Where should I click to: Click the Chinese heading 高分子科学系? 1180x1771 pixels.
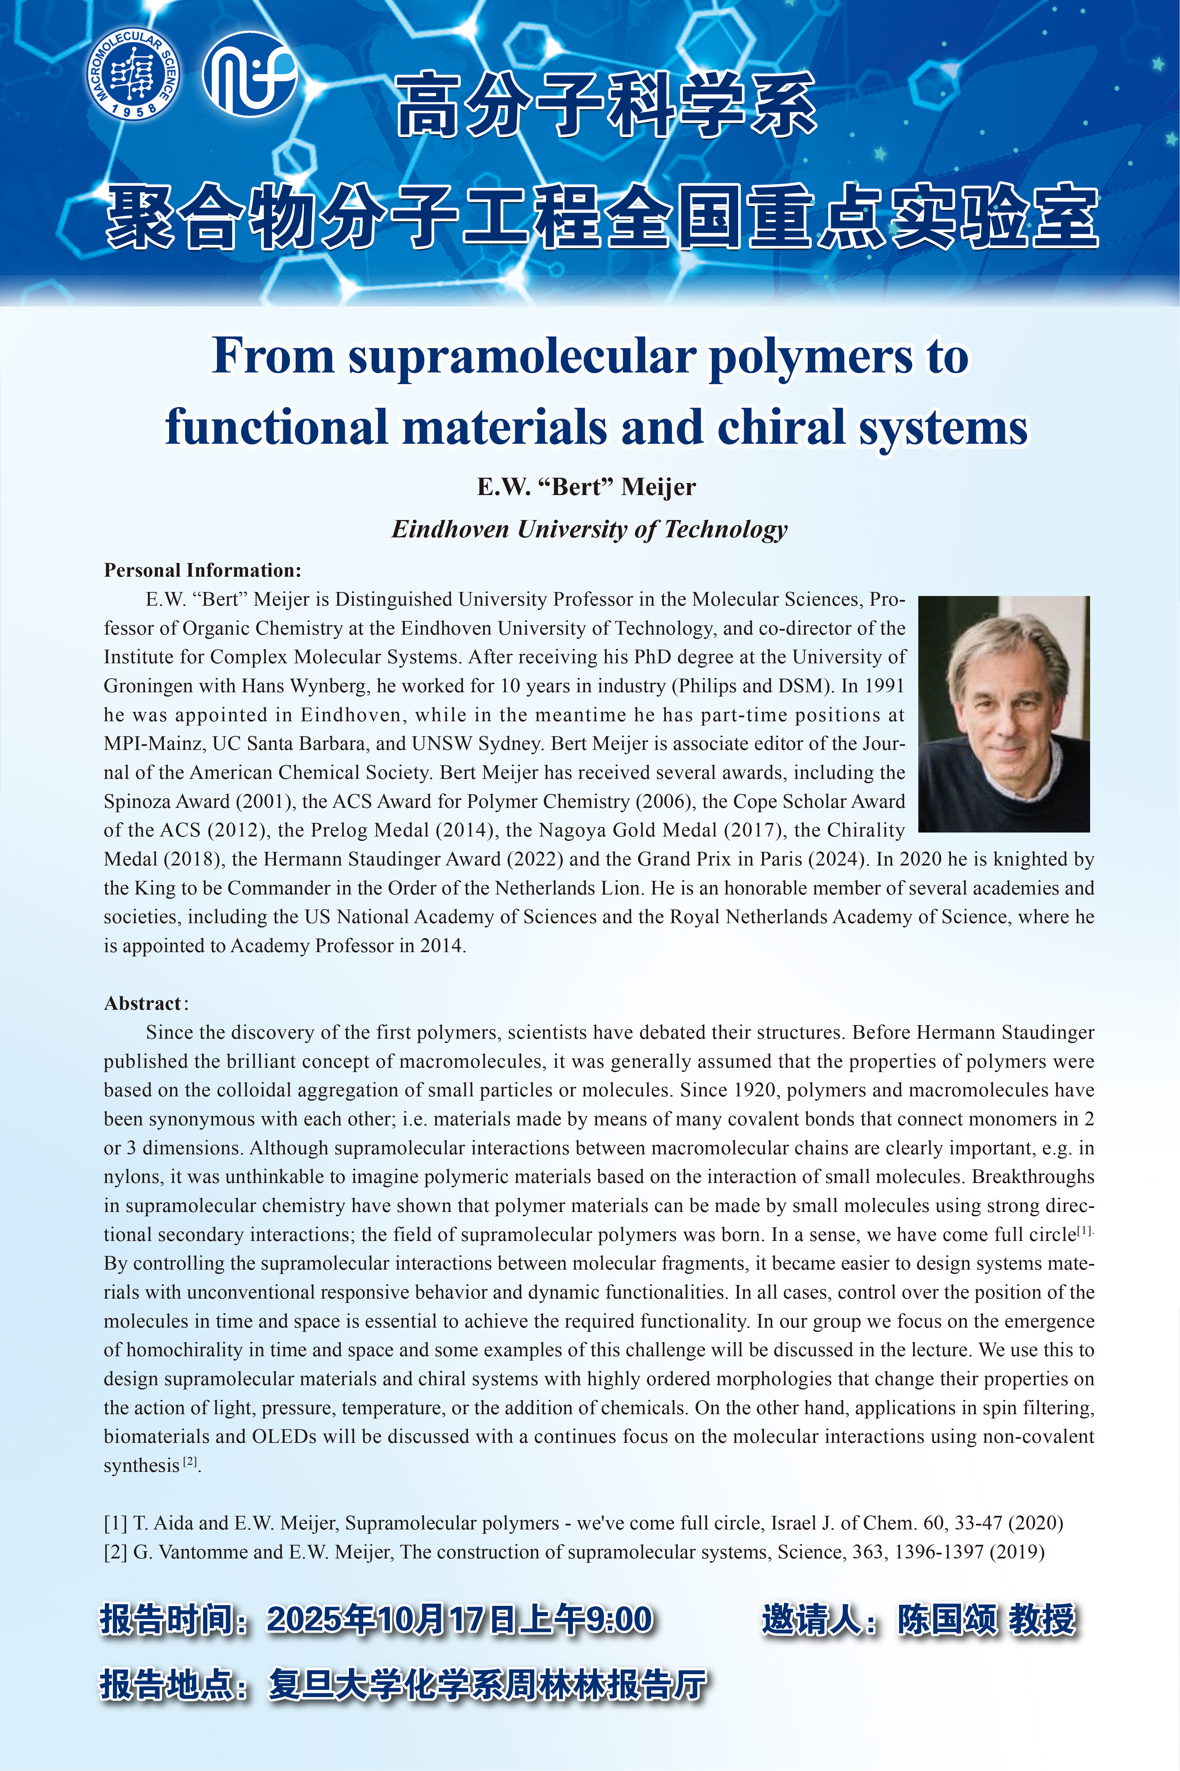[606, 105]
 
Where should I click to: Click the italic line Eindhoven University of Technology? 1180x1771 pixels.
[589, 529]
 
